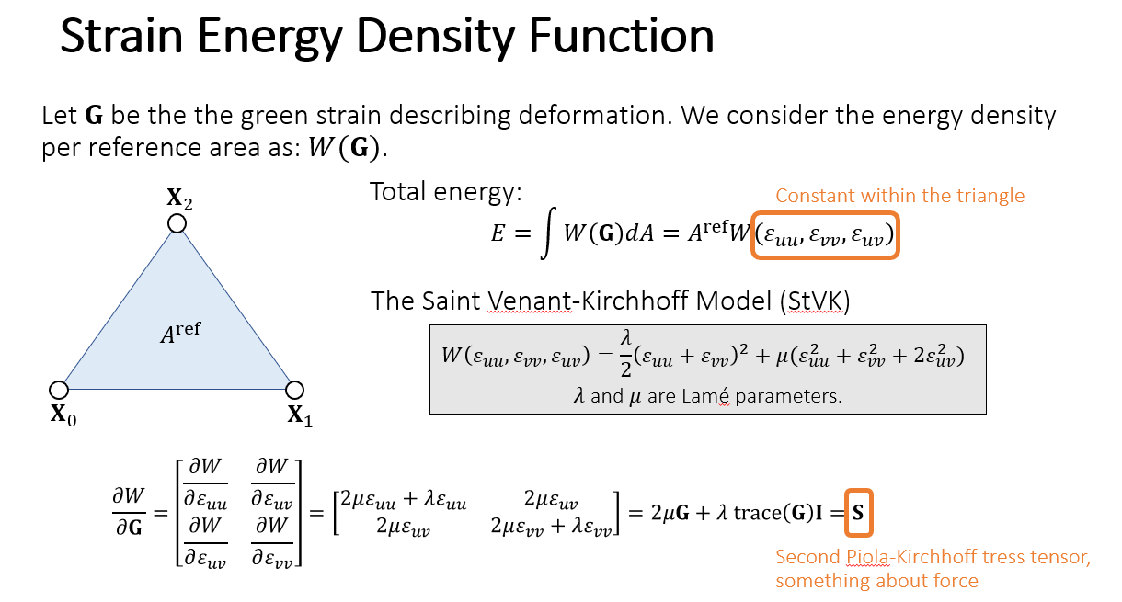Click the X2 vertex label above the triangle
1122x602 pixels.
click(178, 198)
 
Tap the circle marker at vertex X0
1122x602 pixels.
click(59, 390)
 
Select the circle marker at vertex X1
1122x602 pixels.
click(294, 390)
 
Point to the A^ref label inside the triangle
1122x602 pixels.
click(180, 334)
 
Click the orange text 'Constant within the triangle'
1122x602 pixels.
click(899, 196)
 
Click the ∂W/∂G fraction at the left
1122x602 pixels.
click(128, 511)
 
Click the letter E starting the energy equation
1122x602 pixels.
click(498, 234)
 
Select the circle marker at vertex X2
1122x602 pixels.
click(177, 223)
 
